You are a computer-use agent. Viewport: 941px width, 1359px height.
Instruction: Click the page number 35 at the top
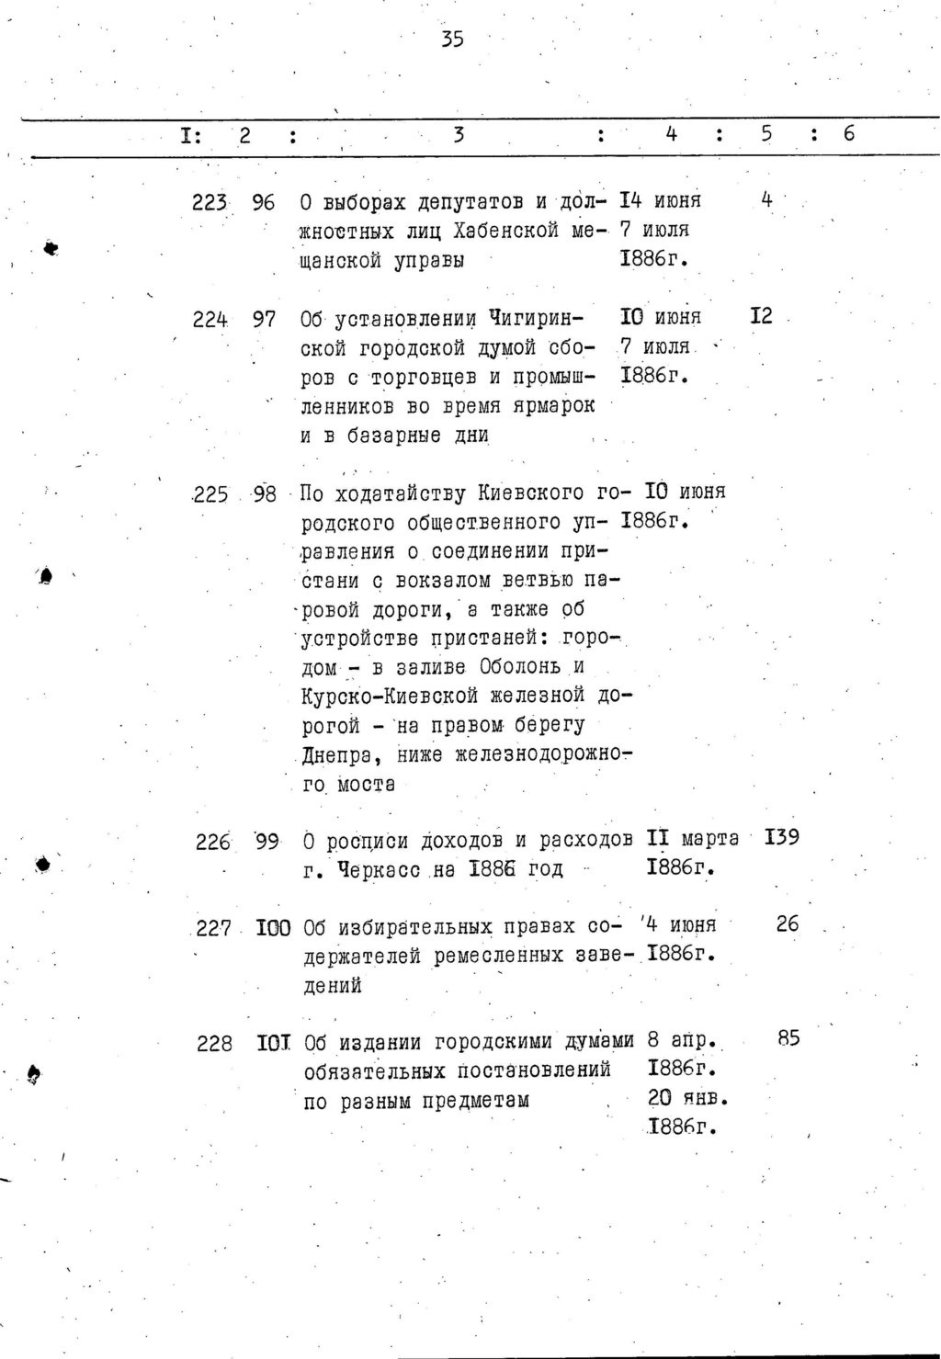[451, 39]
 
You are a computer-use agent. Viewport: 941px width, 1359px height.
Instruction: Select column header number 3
[458, 135]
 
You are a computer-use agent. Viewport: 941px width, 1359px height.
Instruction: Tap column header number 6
[848, 134]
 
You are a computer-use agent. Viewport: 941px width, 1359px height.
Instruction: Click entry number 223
[210, 202]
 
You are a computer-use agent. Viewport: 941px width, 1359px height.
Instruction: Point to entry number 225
[210, 494]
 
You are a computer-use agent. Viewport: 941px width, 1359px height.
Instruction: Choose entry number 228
[214, 1044]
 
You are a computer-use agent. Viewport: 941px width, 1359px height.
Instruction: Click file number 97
[264, 319]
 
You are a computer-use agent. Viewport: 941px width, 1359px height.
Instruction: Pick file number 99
[266, 841]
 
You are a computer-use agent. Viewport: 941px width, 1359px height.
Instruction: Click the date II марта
[693, 839]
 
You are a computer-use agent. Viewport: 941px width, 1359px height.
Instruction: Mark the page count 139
[782, 838]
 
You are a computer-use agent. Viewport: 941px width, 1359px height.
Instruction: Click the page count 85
[788, 1038]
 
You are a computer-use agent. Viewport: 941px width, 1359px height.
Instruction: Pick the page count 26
[788, 924]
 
